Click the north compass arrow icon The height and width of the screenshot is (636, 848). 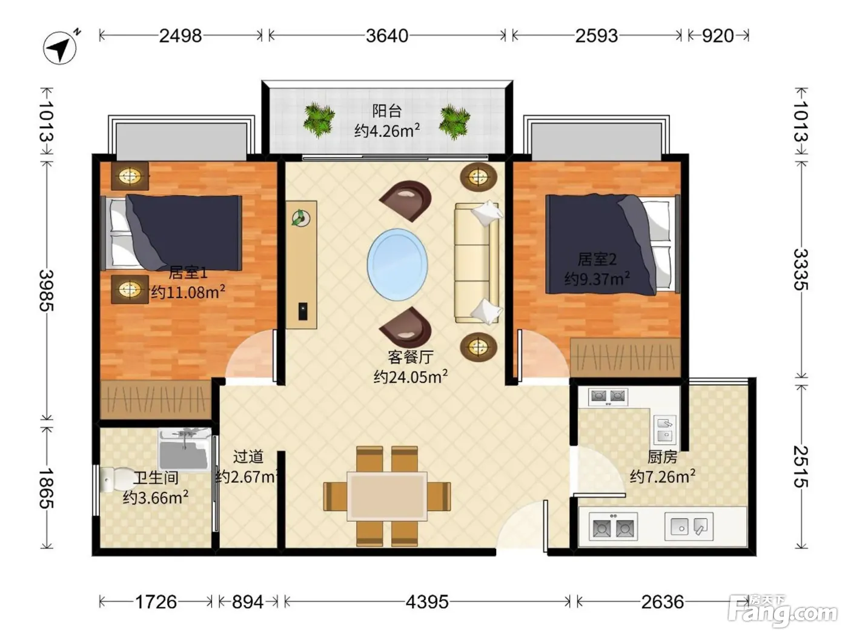(61, 47)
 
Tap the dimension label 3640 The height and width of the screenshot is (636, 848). (387, 36)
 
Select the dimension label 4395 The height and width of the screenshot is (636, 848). (427, 601)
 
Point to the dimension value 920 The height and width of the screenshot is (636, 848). (717, 36)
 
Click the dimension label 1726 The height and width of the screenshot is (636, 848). (156, 601)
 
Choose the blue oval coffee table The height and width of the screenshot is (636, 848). (397, 265)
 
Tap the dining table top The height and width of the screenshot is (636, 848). (387, 496)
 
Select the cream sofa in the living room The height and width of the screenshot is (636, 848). (477, 263)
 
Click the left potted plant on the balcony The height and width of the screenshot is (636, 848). (319, 119)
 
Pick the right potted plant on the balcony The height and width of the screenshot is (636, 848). (455, 121)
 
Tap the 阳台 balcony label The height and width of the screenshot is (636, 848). (387, 111)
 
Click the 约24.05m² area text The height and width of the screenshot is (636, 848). (411, 377)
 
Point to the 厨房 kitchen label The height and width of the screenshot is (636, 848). (663, 457)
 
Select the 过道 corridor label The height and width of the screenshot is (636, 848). (248, 457)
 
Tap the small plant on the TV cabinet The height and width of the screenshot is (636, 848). (300, 218)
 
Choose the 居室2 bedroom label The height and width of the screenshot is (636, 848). (597, 259)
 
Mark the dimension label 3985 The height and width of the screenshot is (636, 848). (47, 290)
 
